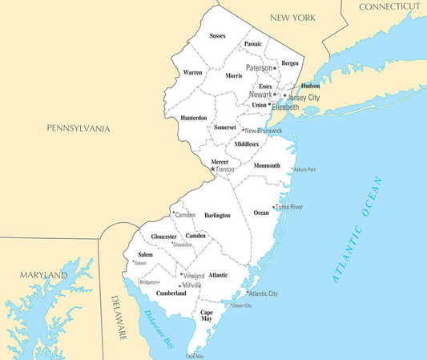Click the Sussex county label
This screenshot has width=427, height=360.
218,36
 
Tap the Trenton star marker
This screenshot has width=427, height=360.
212,169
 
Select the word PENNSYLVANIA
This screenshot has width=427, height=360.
78,128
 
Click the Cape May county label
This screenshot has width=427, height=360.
206,315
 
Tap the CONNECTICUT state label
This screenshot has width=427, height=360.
389,6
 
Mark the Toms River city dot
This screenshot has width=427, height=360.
275,207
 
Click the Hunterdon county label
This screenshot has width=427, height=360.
194,118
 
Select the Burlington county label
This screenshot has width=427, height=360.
217,216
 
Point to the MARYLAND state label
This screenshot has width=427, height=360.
44,276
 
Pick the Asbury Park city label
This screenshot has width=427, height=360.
305,170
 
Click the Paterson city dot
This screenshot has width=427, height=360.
275,68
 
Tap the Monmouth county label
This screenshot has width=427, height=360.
267,166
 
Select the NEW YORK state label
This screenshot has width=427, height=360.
293,18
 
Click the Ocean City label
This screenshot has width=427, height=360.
242,305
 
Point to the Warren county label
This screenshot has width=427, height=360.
192,73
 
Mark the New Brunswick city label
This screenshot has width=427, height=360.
264,131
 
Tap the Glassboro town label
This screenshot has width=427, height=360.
182,245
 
